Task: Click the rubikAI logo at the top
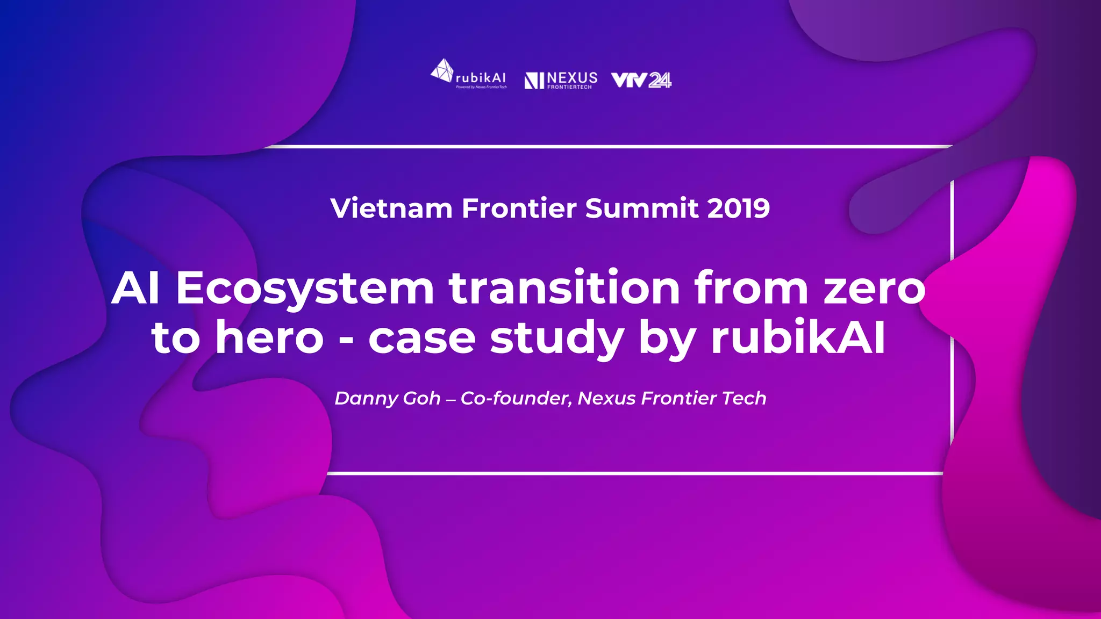[469, 75]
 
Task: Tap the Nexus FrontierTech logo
[561, 80]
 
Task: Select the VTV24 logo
[641, 80]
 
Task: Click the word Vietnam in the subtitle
[391, 208]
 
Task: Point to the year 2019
[738, 208]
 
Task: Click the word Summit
[642, 208]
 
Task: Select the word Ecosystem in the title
[305, 289]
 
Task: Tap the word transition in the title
[564, 289]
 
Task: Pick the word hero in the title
[269, 339]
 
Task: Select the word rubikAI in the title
[798, 339]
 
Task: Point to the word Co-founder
[516, 399]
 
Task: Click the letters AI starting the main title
[135, 289]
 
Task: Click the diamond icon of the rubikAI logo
[442, 70]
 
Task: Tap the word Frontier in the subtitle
[519, 208]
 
